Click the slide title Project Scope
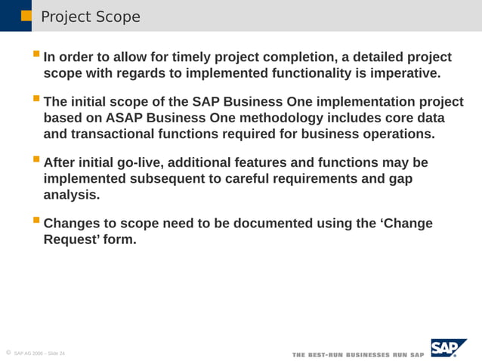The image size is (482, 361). point(90,17)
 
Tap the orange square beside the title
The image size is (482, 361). point(26,15)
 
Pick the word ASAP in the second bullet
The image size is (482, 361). point(131,118)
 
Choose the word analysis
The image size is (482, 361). point(72,195)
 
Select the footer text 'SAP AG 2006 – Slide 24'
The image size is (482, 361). point(39,353)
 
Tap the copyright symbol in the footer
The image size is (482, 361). point(7,353)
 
